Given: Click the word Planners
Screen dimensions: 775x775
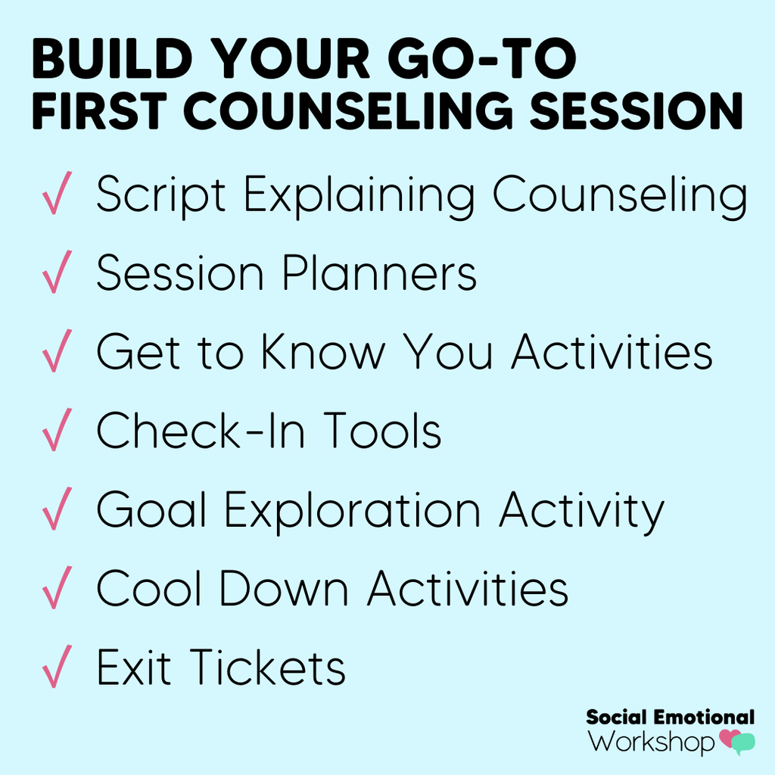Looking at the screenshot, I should point(379,274).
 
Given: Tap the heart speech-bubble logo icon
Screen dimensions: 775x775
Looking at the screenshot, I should point(736,742).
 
